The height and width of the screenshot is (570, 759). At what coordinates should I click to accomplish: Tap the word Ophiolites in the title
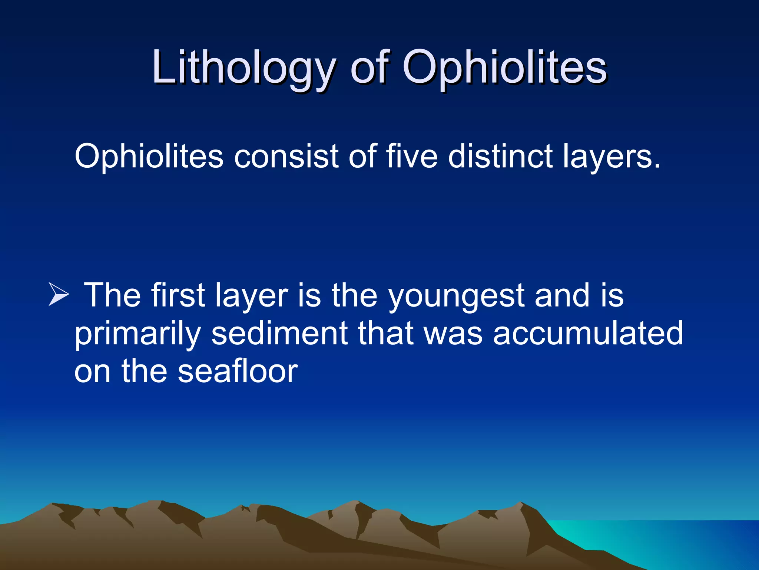point(504,69)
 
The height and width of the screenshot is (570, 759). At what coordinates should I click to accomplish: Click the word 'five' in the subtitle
point(411,156)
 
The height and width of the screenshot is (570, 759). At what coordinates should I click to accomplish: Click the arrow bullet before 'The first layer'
point(59,294)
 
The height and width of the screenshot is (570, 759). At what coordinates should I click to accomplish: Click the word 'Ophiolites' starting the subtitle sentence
point(149,156)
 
